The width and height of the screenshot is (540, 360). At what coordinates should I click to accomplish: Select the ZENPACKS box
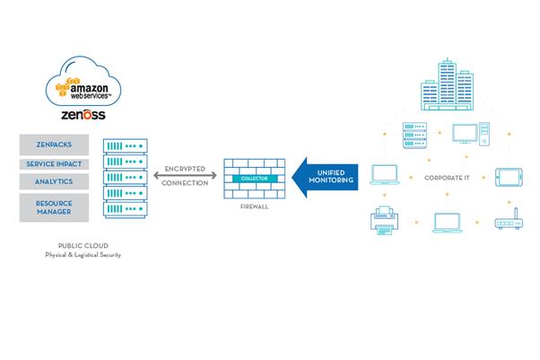[54, 145]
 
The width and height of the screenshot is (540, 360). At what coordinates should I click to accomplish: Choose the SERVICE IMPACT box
[54, 164]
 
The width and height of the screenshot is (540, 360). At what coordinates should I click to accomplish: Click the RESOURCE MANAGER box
[54, 206]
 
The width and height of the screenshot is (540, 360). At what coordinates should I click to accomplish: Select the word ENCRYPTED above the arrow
[187, 167]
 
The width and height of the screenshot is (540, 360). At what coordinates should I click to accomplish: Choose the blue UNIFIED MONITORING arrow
[326, 175]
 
